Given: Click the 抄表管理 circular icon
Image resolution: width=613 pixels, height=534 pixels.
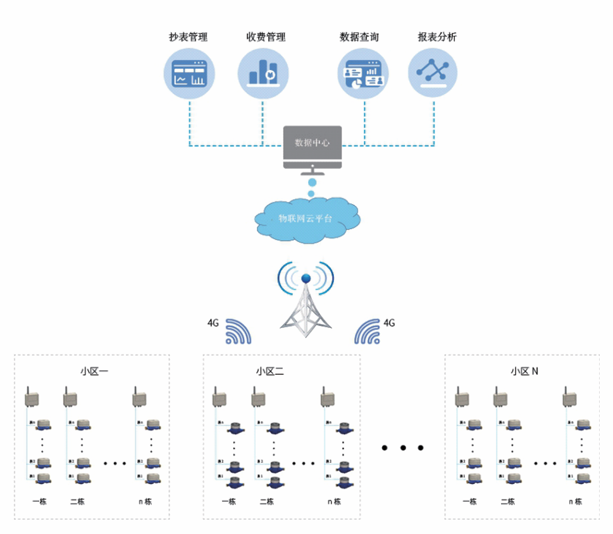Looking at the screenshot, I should tap(189, 72).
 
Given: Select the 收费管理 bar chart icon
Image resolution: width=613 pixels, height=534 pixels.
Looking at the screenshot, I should tap(263, 72).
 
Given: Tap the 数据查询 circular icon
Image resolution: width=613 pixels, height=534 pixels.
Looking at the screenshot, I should tap(363, 72).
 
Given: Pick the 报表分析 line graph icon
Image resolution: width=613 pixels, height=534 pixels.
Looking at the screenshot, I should tap(433, 72).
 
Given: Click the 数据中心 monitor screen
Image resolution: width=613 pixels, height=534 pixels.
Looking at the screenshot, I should tap(312, 143).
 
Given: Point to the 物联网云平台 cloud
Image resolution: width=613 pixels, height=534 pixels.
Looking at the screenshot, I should tap(307, 219).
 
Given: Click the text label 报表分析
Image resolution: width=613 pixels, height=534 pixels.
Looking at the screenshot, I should tap(437, 37).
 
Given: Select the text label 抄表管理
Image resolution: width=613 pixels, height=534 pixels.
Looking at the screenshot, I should tap(188, 37).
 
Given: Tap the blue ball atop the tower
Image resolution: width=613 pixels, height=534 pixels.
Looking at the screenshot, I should tap(306, 279).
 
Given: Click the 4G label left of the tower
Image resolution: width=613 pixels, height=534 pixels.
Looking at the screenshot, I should tap(213, 322).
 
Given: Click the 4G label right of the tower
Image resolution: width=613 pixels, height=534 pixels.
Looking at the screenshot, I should tap(389, 322).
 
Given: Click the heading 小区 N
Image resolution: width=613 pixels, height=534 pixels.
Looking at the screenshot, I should tap(524, 371).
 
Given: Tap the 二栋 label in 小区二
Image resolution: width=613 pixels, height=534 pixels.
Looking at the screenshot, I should tap(267, 502).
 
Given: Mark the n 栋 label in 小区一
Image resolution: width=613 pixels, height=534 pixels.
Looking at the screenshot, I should tap(145, 502).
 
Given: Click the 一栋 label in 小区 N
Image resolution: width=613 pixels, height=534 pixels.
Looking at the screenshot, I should tap(469, 502).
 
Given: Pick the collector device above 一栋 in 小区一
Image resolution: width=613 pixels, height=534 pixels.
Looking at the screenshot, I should tap(30, 398).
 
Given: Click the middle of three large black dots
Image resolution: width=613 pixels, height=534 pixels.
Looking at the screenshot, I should tap(402, 448).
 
